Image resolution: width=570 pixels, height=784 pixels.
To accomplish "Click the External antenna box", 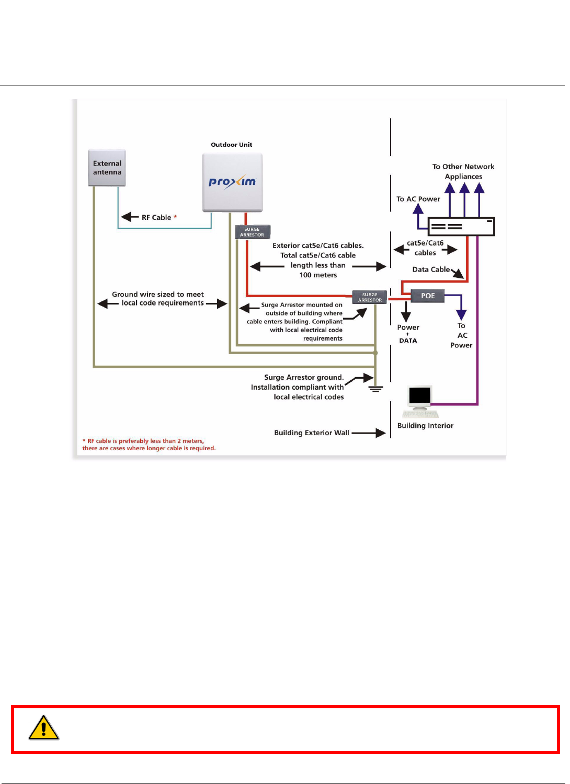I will click(x=107, y=168).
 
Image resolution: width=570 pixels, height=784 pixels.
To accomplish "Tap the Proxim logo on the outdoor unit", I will click(x=232, y=182).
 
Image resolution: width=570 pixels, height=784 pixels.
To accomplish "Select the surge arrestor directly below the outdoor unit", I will click(x=253, y=232).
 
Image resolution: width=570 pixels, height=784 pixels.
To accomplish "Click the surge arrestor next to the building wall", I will click(x=370, y=297).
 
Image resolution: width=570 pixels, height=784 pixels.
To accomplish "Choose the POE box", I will click(x=428, y=296).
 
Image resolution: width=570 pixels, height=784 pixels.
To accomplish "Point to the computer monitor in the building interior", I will click(x=420, y=396).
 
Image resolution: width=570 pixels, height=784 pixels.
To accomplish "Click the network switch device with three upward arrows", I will click(x=461, y=227).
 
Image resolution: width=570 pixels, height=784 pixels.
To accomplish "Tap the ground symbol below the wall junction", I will click(x=375, y=389).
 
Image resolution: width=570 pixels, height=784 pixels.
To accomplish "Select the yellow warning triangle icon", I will click(x=44, y=728).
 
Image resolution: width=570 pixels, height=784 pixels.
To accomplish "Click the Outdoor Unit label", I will click(x=231, y=145).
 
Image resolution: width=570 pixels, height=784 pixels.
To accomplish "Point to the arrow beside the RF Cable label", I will click(x=130, y=217).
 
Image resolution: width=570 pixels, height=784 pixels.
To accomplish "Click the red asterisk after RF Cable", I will click(x=175, y=217).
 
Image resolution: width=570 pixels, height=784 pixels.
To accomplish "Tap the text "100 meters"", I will click(x=318, y=275).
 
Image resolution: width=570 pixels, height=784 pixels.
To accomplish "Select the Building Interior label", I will click(x=425, y=426).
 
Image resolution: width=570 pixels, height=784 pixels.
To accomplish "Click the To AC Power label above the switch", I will click(x=418, y=199).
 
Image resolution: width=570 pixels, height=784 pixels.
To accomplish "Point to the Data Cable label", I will click(x=431, y=270).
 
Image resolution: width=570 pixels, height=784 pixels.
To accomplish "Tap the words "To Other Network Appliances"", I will click(x=463, y=171).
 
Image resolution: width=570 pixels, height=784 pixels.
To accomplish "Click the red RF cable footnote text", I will click(x=149, y=444).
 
